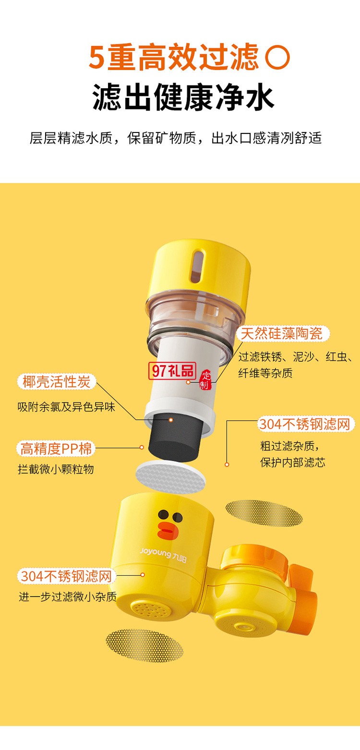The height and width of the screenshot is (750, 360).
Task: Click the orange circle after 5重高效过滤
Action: coord(277,58)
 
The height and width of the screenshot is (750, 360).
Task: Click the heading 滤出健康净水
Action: coord(183,97)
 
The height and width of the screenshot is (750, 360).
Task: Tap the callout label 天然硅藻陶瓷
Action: coord(282,333)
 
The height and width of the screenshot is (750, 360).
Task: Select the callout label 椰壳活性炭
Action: coord(57,382)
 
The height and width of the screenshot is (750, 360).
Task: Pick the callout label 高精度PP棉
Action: coord(56,449)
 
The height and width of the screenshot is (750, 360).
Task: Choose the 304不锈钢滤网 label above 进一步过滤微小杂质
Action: coord(66,576)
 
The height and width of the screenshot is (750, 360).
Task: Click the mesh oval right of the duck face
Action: coord(264,513)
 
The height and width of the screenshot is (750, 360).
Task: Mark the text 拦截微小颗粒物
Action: coord(56,469)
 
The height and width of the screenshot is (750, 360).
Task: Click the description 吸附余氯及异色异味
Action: coord(66,407)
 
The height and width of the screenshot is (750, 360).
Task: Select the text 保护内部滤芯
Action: coord(293,463)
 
